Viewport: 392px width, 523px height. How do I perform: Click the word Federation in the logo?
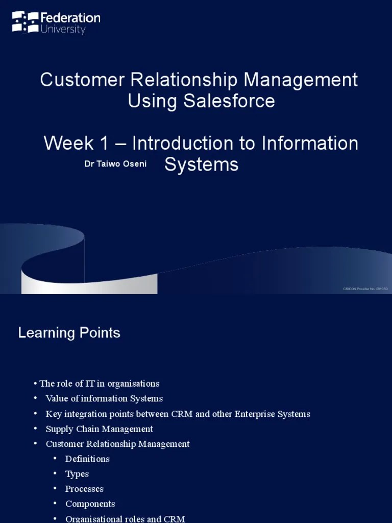point(70,18)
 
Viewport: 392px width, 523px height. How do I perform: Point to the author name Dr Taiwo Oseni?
point(115,164)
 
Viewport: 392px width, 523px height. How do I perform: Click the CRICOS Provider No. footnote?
point(365,289)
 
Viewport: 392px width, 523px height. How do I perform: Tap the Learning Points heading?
point(69,333)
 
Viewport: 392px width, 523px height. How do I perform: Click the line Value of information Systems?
point(104,398)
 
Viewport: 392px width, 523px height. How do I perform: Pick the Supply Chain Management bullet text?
point(99,429)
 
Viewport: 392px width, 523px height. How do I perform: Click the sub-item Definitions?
point(87,459)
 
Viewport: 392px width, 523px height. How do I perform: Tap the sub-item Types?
point(77,474)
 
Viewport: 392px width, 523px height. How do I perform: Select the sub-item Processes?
point(84,489)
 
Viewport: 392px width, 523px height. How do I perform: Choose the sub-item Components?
point(90,504)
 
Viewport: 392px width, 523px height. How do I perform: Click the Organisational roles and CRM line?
point(125,519)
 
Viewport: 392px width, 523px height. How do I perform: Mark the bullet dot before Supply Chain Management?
point(36,429)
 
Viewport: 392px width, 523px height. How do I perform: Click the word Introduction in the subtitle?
point(189,144)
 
